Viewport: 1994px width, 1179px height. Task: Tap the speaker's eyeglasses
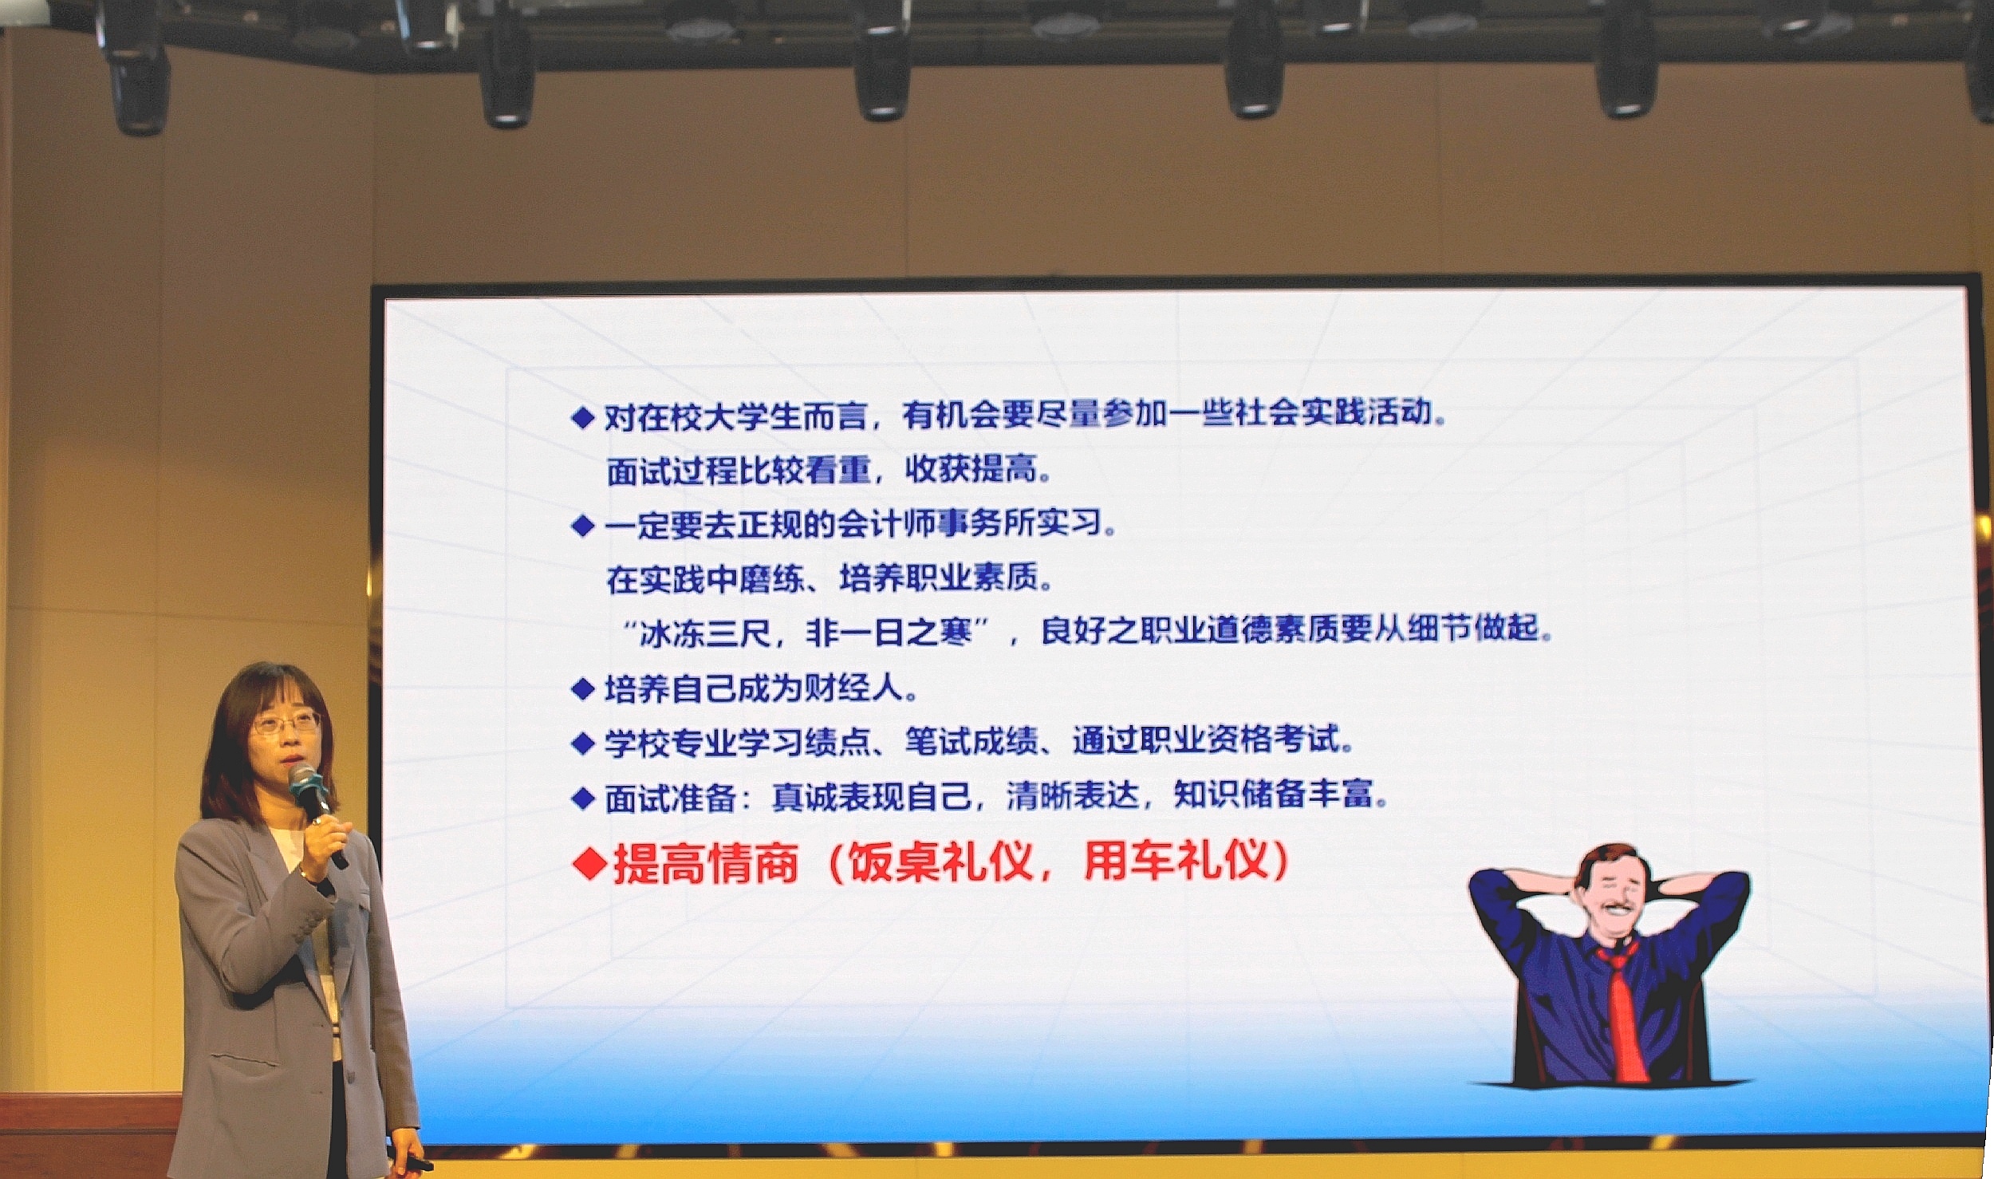286,724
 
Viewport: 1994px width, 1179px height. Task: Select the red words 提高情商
707,864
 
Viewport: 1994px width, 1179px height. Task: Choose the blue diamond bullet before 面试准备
585,798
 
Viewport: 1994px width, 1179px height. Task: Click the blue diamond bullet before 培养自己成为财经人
585,689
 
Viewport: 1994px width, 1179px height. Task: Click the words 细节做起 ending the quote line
1472,629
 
